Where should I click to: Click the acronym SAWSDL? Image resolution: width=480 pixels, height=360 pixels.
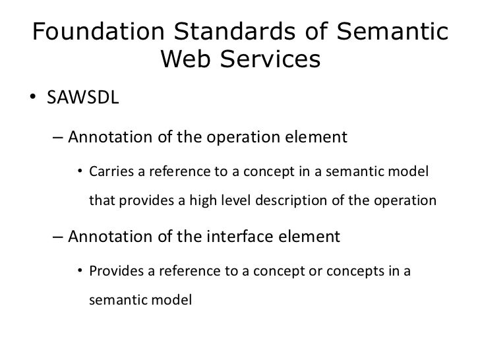coord(82,100)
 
